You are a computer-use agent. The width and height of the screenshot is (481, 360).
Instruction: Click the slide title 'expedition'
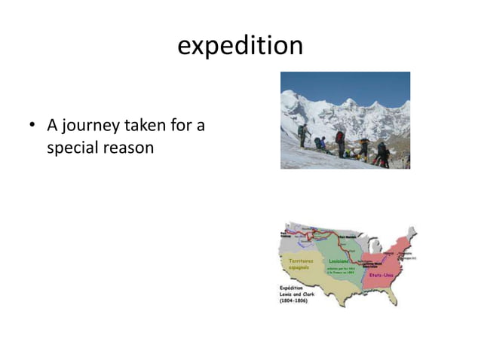(240, 45)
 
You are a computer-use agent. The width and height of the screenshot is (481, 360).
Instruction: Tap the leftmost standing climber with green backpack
(302, 136)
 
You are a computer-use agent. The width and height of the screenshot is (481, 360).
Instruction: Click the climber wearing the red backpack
(340, 143)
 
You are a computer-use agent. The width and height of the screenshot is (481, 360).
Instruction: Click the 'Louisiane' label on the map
(339, 260)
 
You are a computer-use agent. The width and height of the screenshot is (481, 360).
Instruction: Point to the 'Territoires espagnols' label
(302, 263)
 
